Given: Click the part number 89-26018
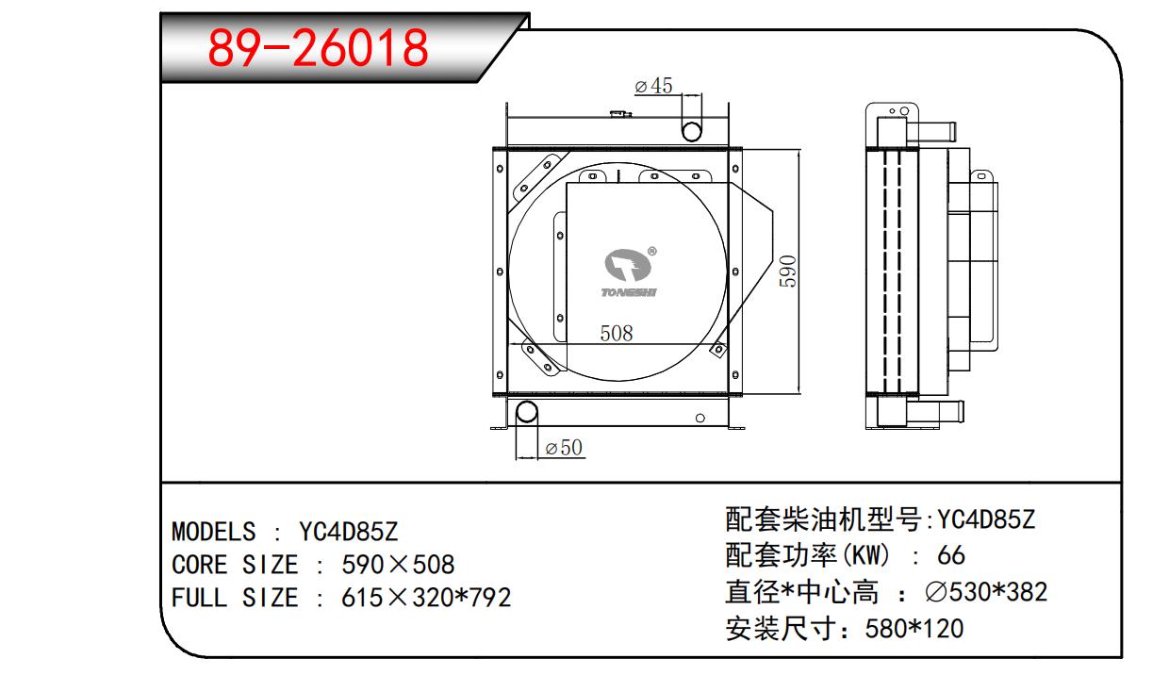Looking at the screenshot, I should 318,47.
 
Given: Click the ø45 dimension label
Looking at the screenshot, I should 653,86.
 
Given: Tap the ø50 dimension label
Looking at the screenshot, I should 564,448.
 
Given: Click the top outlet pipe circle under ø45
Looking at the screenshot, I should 691,129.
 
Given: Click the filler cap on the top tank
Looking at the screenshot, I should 619,115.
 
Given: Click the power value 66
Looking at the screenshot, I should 951,554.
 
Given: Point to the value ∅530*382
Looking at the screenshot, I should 985,592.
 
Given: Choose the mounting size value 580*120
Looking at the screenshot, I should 914,628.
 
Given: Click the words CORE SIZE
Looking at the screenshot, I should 234,565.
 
